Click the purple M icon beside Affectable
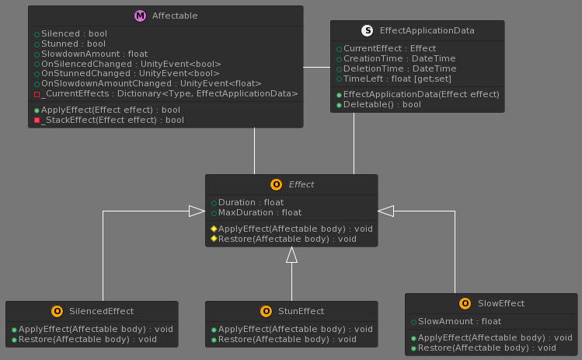(x=140, y=16)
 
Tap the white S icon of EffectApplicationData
(x=367, y=30)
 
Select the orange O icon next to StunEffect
(x=266, y=311)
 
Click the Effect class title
(x=301, y=184)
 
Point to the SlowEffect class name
(x=501, y=303)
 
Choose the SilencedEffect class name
(x=101, y=311)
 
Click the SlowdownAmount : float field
(x=94, y=54)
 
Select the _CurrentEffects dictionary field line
(x=169, y=93)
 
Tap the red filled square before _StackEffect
(x=37, y=120)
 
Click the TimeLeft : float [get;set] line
(x=397, y=79)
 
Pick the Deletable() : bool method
(x=382, y=104)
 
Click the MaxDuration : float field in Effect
(x=260, y=212)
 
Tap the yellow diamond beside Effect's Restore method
(x=214, y=239)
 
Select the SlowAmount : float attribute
(x=459, y=321)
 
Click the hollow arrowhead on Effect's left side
(x=197, y=211)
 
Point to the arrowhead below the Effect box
(x=291, y=255)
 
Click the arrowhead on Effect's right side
(x=386, y=211)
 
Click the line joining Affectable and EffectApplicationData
(x=316, y=67)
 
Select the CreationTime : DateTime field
(x=399, y=58)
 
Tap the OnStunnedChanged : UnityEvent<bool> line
(x=131, y=74)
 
